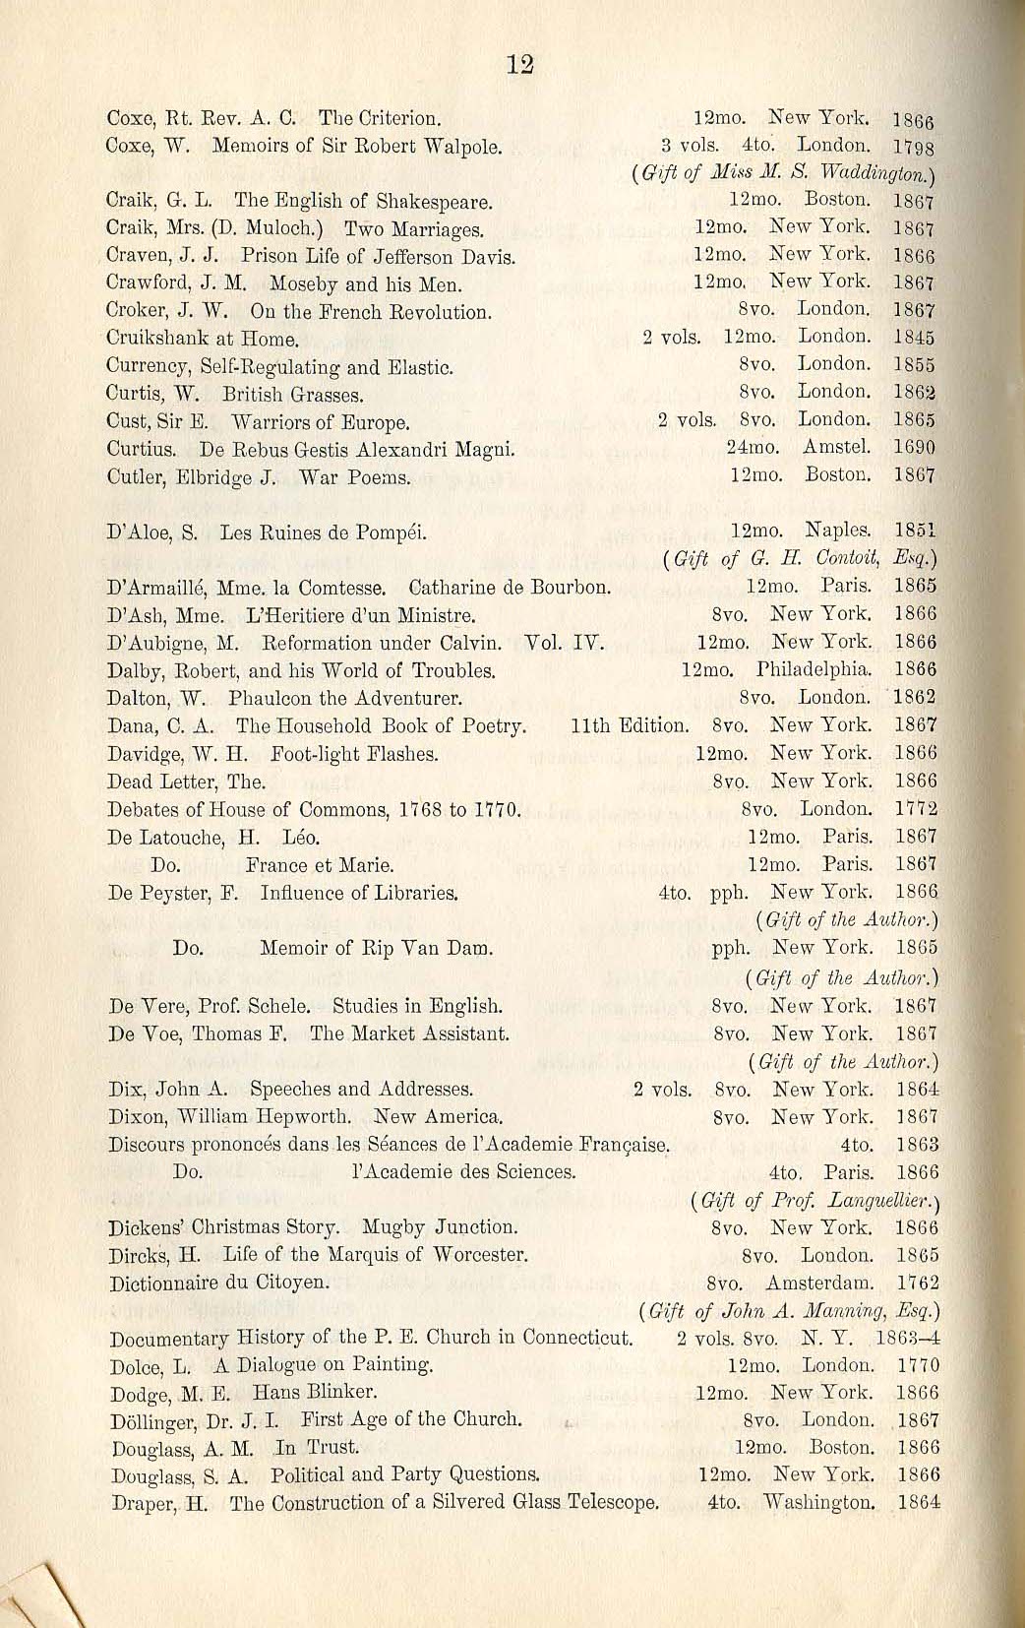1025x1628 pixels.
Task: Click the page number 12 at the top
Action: click(x=519, y=65)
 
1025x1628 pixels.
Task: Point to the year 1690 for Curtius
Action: click(x=914, y=447)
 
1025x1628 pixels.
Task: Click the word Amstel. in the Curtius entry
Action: click(x=837, y=447)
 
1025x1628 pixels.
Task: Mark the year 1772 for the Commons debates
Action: click(x=916, y=810)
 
